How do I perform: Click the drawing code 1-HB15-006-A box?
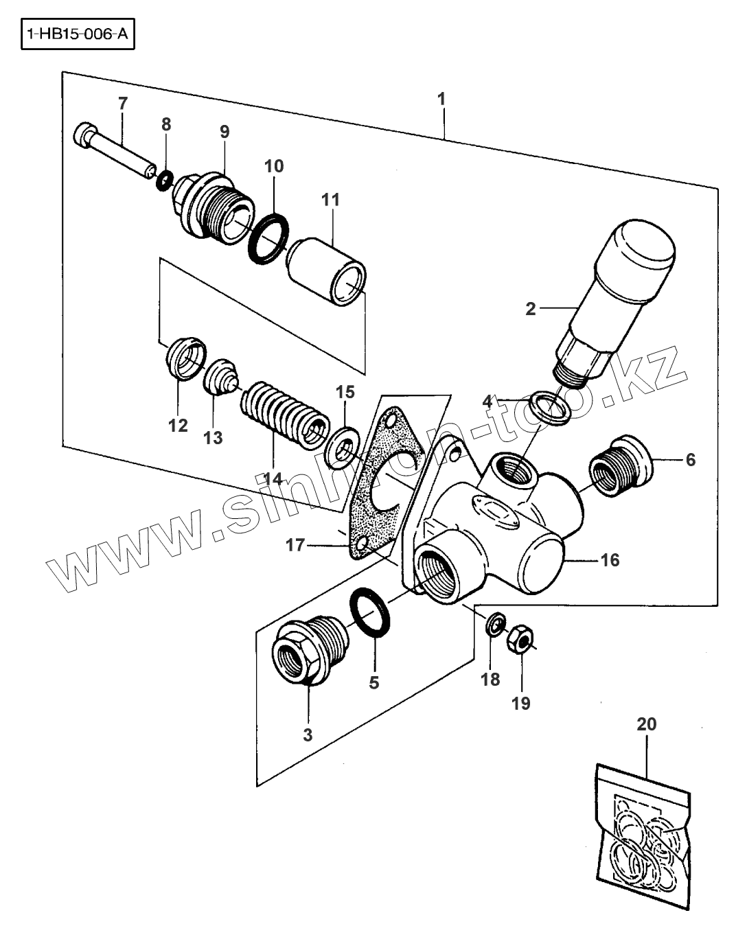tap(78, 33)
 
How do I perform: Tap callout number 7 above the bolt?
tap(123, 103)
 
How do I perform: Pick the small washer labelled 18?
tap(494, 624)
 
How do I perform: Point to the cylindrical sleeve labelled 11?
tap(327, 272)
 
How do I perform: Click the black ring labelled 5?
tap(370, 612)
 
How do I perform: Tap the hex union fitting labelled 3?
tap(309, 652)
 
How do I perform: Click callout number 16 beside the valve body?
tap(610, 560)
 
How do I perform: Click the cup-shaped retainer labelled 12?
tap(185, 358)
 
